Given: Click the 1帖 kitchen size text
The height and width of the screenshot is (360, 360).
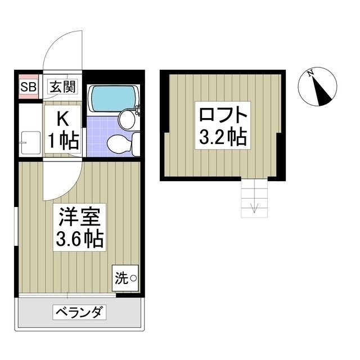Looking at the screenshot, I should pyautogui.click(x=63, y=141).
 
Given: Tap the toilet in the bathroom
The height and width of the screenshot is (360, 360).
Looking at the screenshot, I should pyautogui.click(x=119, y=145).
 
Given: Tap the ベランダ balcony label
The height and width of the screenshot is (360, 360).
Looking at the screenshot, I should pyautogui.click(x=79, y=311).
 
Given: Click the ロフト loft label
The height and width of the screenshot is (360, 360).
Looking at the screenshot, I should pyautogui.click(x=222, y=114).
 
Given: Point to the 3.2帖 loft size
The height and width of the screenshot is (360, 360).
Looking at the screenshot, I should pyautogui.click(x=222, y=137).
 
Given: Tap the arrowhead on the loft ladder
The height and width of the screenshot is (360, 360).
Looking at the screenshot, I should pyautogui.click(x=254, y=210).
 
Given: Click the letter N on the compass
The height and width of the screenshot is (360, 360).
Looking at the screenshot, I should pyautogui.click(x=310, y=74).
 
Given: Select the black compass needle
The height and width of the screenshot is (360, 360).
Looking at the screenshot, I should pyautogui.click(x=322, y=91).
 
